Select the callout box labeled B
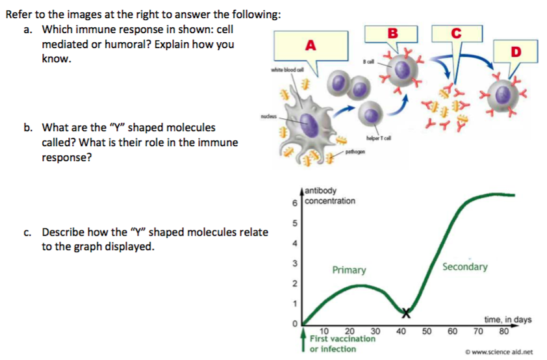click(x=391, y=32)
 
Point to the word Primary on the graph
click(x=349, y=270)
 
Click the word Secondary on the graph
click(x=464, y=267)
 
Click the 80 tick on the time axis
click(x=503, y=328)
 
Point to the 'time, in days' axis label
click(x=508, y=319)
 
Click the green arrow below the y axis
click(x=303, y=342)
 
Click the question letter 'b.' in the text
click(x=30, y=128)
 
